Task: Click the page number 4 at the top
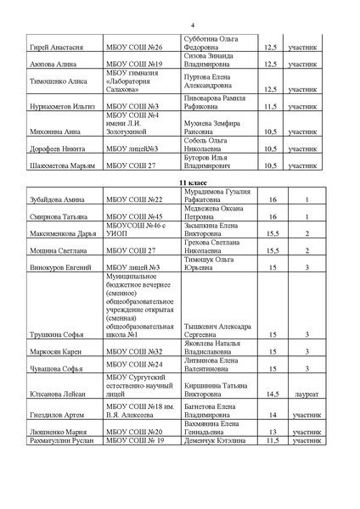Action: coord(180,26)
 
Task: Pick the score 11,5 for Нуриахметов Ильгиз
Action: coord(271,107)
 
